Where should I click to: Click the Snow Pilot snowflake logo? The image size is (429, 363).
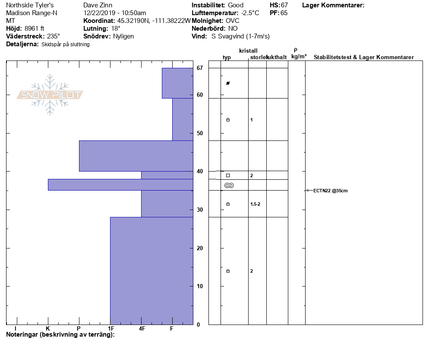[50, 95]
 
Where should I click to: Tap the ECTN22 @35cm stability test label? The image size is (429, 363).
[330, 191]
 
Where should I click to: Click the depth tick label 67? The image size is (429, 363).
[200, 68]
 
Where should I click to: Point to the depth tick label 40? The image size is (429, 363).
[200, 171]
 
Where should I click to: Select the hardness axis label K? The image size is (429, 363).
[47, 328]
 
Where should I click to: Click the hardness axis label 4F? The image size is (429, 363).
[142, 328]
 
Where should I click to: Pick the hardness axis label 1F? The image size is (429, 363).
[111, 328]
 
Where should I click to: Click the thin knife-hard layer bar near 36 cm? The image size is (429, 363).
[121, 185]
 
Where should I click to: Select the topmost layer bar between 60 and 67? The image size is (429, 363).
[177, 83]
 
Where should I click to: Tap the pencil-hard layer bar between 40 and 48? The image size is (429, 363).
[136, 156]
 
